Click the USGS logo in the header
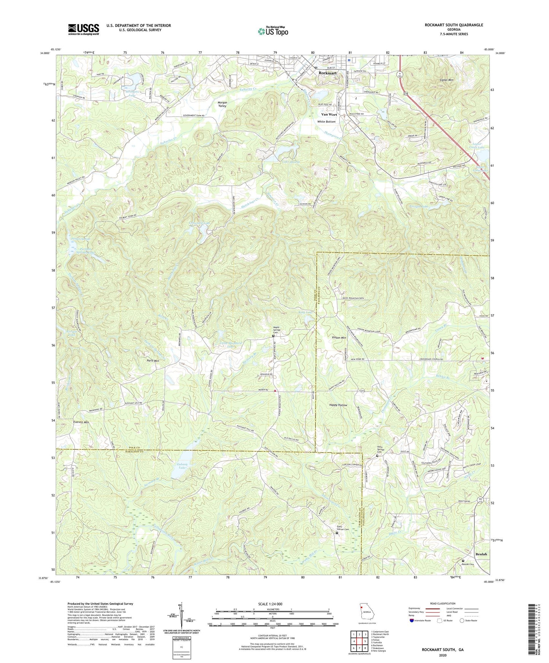pos(84,29)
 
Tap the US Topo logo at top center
pos(273,31)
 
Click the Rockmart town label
pos(328,73)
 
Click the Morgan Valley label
pos(222,104)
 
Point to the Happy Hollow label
pos(338,405)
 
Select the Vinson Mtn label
pos(339,338)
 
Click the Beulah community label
pos(481,554)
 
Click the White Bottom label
pos(326,122)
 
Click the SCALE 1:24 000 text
pos(272,604)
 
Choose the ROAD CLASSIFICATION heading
pos(443,603)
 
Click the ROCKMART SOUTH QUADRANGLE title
pos(454,25)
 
